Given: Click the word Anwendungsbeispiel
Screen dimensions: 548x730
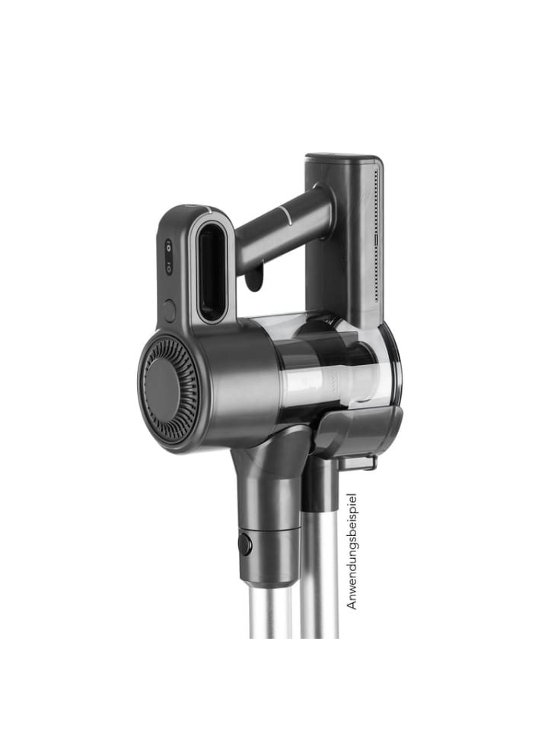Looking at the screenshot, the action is (x=352, y=551).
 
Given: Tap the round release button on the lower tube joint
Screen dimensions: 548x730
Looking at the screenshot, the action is (x=245, y=544).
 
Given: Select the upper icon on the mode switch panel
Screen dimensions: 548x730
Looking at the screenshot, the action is (x=168, y=247).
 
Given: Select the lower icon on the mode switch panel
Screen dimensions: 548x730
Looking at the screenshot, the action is (x=168, y=268).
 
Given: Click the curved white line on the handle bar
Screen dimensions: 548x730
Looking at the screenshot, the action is (x=285, y=217).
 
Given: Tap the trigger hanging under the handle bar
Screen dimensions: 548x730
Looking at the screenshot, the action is (x=254, y=279).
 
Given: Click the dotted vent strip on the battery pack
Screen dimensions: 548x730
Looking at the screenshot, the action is (x=377, y=236).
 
